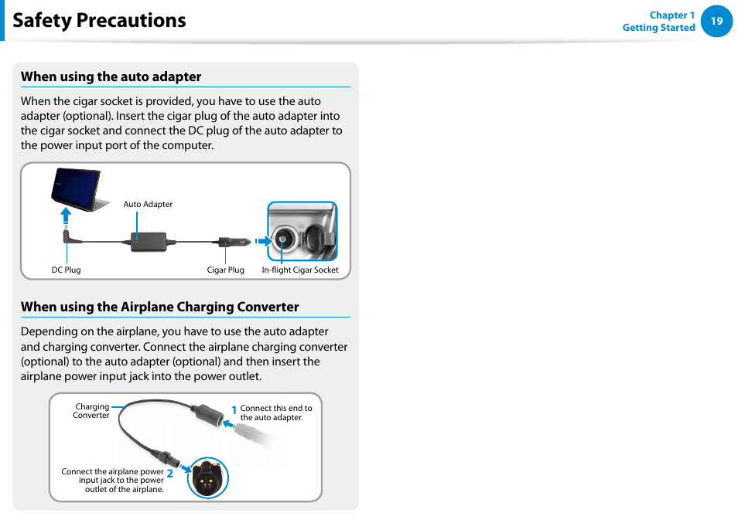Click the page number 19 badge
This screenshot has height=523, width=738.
click(x=716, y=22)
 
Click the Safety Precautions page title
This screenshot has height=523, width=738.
click(x=99, y=20)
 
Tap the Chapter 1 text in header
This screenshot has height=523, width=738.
click(x=671, y=15)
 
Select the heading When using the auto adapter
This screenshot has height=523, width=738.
click(x=111, y=76)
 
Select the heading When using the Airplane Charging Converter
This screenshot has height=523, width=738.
click(x=159, y=307)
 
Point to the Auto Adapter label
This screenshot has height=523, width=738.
click(x=148, y=205)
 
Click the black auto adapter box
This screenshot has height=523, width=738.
click(x=149, y=240)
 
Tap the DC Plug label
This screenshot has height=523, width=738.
click(x=66, y=270)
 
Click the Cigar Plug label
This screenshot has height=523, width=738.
click(x=225, y=270)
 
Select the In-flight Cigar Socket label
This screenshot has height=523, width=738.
click(x=300, y=270)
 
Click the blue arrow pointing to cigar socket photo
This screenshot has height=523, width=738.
click(x=264, y=241)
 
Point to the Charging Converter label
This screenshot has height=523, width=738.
click(x=91, y=411)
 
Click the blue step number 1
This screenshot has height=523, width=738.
click(x=234, y=410)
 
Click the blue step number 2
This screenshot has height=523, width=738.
click(x=169, y=474)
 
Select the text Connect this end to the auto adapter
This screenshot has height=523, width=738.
click(x=275, y=413)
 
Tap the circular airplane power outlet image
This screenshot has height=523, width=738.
click(x=207, y=477)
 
